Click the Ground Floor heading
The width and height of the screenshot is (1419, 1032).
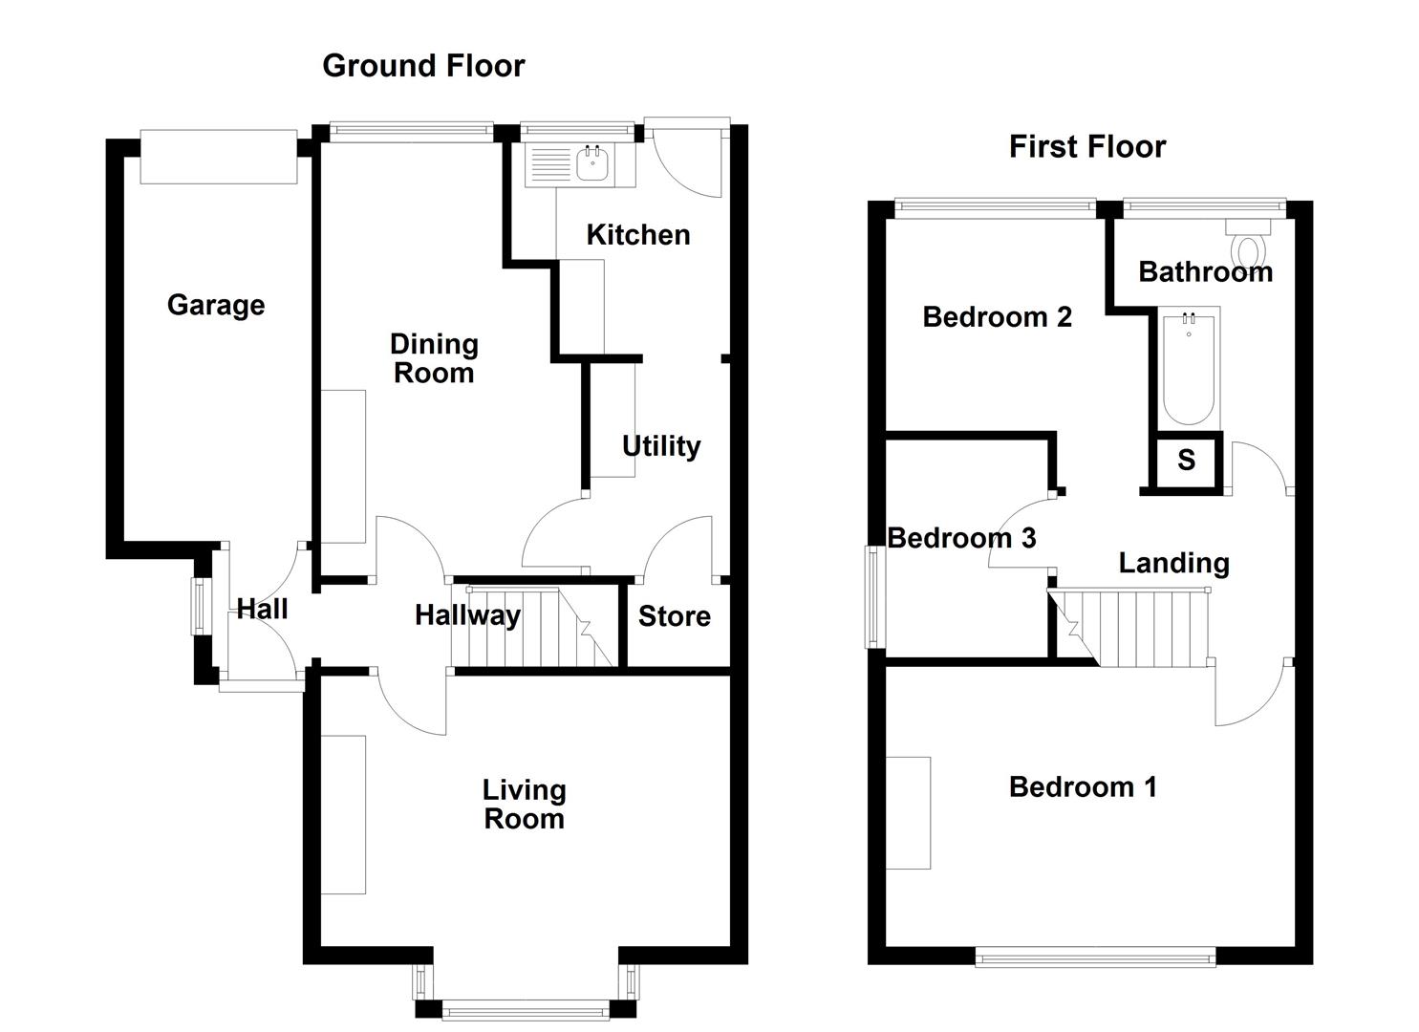[x=423, y=66]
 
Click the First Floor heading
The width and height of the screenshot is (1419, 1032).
[x=1086, y=147]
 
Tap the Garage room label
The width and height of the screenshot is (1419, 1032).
[x=216, y=305]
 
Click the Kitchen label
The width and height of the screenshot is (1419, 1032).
[x=637, y=235]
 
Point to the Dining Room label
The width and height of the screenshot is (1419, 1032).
[x=434, y=358]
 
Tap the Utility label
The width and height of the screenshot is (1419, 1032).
[x=661, y=446]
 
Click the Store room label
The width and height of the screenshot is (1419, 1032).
[x=674, y=617]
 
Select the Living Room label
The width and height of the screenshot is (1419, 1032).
[x=524, y=805]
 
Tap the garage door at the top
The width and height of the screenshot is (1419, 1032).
[x=219, y=157]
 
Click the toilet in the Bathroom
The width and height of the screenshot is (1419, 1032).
[x=1248, y=245]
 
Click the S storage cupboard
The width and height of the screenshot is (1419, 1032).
[x=1186, y=461]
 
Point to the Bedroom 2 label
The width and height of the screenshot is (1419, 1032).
[x=997, y=317]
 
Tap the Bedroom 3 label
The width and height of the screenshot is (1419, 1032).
[x=961, y=539]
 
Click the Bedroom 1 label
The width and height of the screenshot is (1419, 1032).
[x=1083, y=787]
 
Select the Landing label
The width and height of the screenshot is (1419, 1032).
[x=1173, y=564]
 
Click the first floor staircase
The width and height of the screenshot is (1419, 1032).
[x=1137, y=627]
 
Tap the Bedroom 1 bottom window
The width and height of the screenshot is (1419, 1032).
[x=1095, y=957]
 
